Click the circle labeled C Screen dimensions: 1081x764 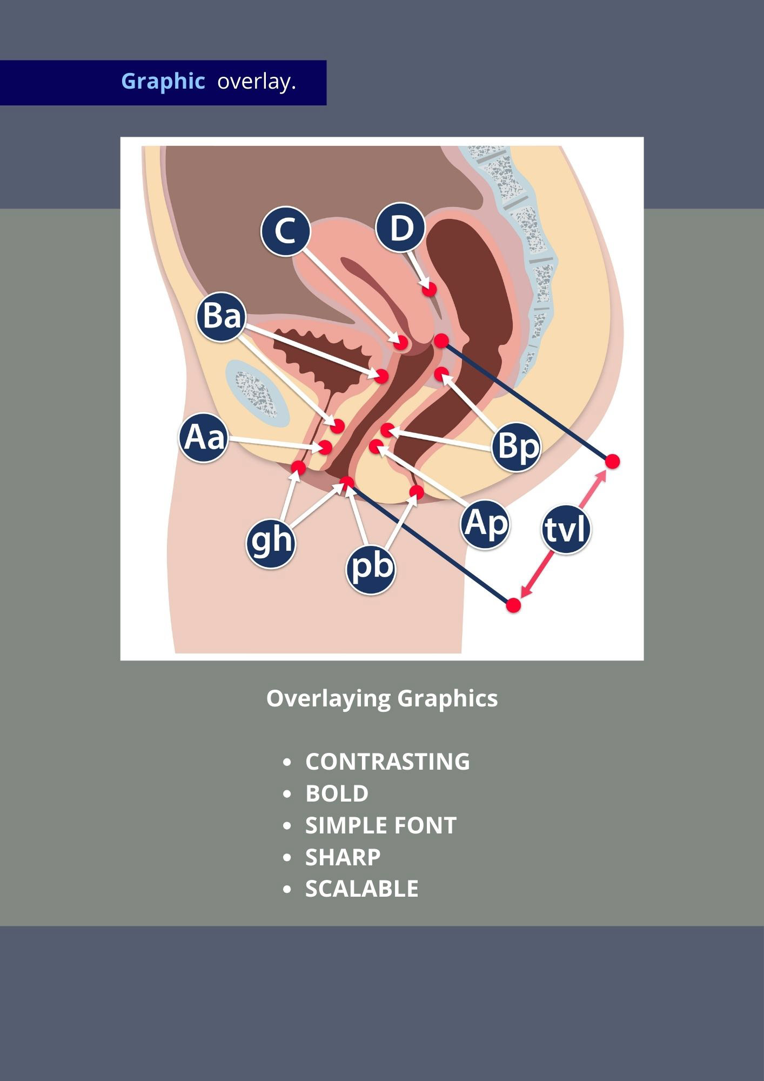(285, 231)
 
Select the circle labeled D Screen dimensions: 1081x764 (400, 228)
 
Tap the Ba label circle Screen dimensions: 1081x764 (221, 316)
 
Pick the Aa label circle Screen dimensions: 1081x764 (203, 437)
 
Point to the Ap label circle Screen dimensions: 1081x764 (485, 524)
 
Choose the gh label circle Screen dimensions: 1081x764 (271, 541)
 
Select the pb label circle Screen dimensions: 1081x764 (371, 569)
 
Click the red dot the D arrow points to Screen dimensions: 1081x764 (430, 289)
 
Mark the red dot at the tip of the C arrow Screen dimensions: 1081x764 (401, 342)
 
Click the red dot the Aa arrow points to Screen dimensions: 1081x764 (325, 448)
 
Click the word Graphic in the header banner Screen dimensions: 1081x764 (163, 82)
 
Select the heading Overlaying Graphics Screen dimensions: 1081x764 (381, 698)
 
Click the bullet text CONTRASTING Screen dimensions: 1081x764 (387, 762)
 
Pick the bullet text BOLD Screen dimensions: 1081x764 (337, 793)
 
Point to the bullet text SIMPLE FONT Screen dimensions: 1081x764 (381, 825)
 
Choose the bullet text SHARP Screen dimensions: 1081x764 (343, 857)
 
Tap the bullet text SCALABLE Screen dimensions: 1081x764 (361, 889)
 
